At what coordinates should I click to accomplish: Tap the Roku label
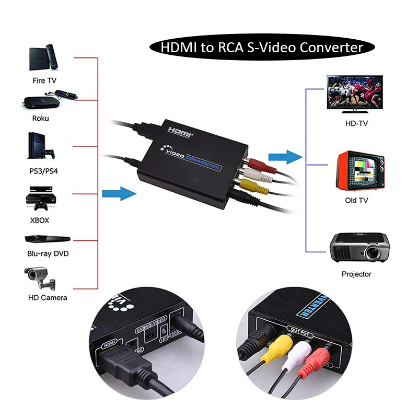click(40, 118)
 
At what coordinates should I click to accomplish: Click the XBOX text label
click(40, 220)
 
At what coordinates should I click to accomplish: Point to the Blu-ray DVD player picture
click(47, 239)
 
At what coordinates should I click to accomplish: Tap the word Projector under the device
click(356, 274)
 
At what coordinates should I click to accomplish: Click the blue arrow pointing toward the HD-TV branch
click(285, 156)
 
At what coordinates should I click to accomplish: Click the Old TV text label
click(357, 200)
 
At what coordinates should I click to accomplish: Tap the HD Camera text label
click(48, 297)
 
